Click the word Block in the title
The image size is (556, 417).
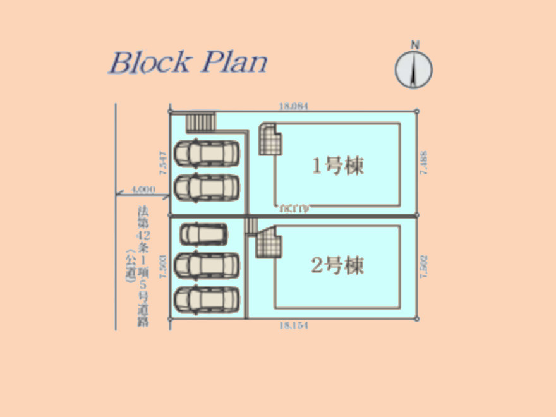pos(150,62)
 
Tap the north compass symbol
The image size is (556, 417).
pos(414,68)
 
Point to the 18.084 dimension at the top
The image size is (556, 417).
pos(293,107)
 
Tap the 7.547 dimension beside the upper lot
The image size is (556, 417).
pos(163,163)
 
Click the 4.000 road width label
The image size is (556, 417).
pos(143,189)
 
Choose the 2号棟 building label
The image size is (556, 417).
pos(338,266)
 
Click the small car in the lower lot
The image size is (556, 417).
pos(203,234)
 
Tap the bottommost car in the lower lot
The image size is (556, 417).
pos(206,298)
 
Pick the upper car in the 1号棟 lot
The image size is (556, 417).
pos(207,153)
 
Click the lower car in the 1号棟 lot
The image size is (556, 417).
pos(207,187)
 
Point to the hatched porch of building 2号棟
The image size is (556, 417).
pos(268,243)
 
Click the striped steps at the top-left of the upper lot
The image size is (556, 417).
pos(201,121)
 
